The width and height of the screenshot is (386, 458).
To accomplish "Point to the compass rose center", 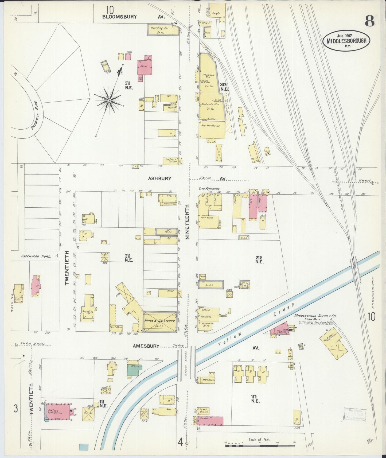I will pos(109,100).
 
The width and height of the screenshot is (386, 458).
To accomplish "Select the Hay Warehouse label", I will pos(210,125).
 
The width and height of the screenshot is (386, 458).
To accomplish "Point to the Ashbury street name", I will pos(160,178).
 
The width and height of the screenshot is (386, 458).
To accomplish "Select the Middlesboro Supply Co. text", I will pos(315,316).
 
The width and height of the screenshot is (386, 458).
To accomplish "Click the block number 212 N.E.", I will pos(259,260).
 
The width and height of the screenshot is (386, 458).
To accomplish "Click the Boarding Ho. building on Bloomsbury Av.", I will pos(163,29).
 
